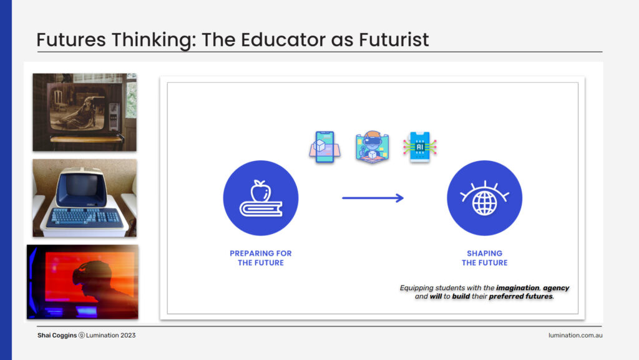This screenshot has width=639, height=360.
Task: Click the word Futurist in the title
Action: tap(394, 40)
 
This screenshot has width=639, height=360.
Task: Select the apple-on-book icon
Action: tap(261, 198)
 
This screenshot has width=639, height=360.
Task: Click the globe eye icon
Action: tap(484, 198)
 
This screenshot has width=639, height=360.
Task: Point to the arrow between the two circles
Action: tap(373, 198)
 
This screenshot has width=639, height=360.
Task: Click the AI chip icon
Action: tap(420, 147)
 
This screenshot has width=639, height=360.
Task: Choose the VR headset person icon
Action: tap(372, 147)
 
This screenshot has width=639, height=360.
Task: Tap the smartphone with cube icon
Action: tap(324, 147)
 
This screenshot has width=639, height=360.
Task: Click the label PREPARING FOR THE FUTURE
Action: tap(261, 258)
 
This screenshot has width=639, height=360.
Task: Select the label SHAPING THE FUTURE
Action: tap(484, 258)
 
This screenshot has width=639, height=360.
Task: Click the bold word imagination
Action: tap(517, 288)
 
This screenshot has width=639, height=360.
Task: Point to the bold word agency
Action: tap(556, 288)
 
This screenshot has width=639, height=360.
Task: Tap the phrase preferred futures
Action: tap(521, 296)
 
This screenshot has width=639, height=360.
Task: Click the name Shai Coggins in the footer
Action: tap(57, 335)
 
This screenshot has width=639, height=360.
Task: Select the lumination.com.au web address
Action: tap(575, 335)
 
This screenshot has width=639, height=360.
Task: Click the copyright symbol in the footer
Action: tap(82, 335)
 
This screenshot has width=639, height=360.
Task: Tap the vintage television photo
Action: tap(85, 112)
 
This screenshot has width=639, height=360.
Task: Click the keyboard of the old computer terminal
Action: tap(85, 218)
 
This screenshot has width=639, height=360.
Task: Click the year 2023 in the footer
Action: tap(128, 335)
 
